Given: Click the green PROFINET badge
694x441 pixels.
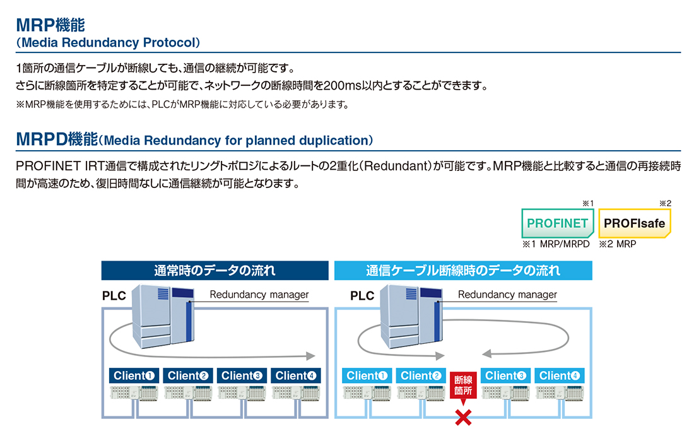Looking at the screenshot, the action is pos(557,223).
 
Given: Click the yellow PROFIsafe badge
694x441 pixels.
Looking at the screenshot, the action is pos(634,223).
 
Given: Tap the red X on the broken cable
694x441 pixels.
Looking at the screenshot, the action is pos(464,417).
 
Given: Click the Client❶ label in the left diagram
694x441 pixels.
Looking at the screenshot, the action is pos(134,375).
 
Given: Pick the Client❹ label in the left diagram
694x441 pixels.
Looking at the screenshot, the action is pos(296,375).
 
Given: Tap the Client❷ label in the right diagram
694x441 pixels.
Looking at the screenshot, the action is pos(421,375).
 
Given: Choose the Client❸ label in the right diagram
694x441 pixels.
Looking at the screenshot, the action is pos(505,375).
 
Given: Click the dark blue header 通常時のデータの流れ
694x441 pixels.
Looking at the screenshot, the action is pos(215,270).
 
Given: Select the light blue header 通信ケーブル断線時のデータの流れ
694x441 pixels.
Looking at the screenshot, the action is pos(463,270).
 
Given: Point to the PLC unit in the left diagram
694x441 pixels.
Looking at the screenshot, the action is pos(163,315).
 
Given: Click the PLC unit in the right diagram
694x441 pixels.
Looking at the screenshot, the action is pos(411,315).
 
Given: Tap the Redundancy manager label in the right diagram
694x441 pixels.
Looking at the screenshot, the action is pos(507,295).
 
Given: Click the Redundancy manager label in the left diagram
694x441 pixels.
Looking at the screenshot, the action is pos(259,295).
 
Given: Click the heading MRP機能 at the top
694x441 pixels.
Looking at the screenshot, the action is pos(50,25).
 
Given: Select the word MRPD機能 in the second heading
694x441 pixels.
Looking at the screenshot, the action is pos(57,139).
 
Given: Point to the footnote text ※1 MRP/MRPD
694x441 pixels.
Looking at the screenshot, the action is pos(556,244).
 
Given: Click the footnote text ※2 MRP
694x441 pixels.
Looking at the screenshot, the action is pos(618,244).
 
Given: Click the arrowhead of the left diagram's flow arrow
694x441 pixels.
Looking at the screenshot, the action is pos(310,356).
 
